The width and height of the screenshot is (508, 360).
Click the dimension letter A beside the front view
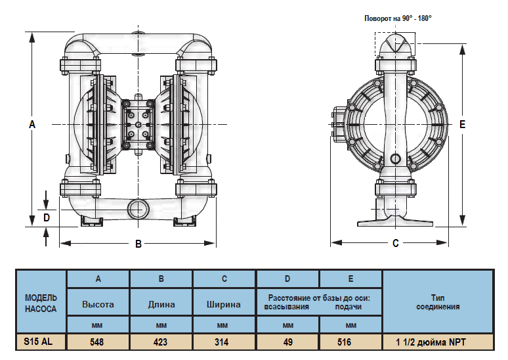[x=32, y=124]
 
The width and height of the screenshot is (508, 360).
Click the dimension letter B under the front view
[x=138, y=244]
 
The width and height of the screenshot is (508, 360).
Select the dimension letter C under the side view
[x=395, y=244]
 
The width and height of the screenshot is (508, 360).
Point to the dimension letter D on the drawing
[x=46, y=217]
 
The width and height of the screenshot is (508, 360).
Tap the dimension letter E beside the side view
[x=463, y=124]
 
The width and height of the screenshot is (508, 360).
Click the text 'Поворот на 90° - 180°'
[x=398, y=18]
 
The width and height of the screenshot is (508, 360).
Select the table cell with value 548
[x=98, y=342]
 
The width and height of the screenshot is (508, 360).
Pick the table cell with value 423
[x=161, y=342]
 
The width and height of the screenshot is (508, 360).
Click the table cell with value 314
[x=224, y=342]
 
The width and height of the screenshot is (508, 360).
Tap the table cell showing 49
[x=287, y=342]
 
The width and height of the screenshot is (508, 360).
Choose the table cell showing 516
[x=350, y=342]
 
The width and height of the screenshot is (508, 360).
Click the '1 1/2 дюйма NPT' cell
[x=437, y=342]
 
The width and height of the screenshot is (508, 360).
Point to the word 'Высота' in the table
[x=98, y=304]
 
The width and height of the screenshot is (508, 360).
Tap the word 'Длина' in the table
[x=161, y=304]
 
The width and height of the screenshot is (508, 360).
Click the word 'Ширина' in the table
[x=224, y=304]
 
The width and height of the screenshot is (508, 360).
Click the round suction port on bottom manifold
[x=138, y=209]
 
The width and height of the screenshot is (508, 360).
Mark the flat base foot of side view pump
[x=396, y=221]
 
